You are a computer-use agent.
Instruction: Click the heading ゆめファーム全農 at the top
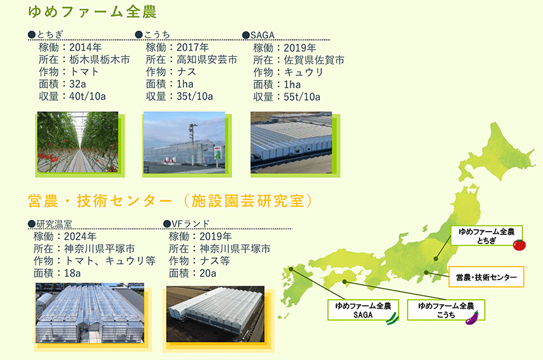92,11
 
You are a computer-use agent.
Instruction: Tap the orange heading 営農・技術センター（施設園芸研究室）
170,201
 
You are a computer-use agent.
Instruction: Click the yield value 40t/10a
87,96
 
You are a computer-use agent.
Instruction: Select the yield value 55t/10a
302,97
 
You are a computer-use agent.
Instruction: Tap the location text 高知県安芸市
207,60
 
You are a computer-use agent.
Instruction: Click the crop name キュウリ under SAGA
304,73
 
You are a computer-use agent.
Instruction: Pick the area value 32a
78,84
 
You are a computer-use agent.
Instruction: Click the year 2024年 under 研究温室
80,236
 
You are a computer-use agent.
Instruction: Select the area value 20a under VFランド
208,274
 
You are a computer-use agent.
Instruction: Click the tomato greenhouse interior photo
78,142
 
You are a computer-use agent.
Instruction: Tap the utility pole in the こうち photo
192,144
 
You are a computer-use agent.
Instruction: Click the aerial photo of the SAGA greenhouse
291,143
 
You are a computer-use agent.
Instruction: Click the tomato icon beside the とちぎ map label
519,245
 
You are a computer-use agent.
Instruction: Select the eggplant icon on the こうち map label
472,317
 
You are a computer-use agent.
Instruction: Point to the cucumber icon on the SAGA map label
393,318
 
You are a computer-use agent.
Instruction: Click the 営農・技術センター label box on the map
486,277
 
